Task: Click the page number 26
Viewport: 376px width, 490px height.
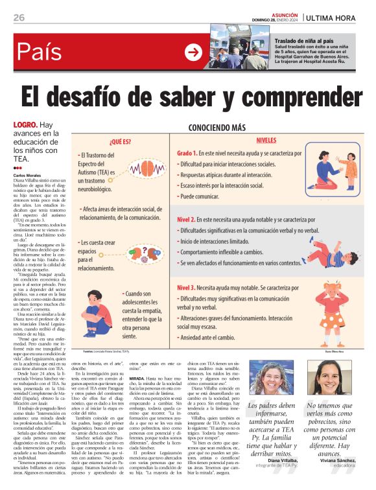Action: coord(19,17)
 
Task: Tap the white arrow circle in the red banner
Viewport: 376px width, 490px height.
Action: coord(193,52)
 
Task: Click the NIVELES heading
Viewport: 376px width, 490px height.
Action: coord(266,140)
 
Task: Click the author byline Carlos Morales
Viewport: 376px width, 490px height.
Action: coord(27,175)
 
